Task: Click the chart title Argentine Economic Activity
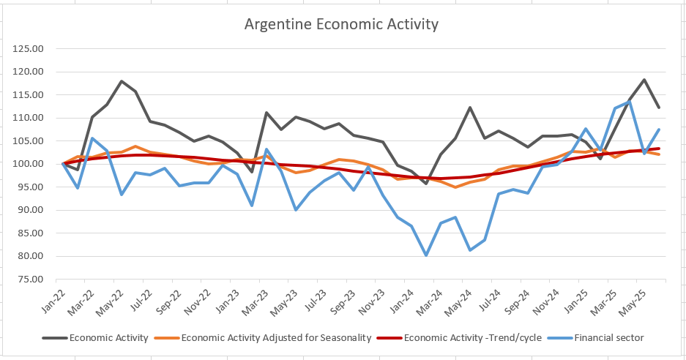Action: [x=341, y=24]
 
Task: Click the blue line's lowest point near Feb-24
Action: [x=425, y=255]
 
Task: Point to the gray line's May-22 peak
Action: [x=122, y=81]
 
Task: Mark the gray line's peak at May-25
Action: [x=644, y=80]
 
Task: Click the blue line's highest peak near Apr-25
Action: [x=630, y=102]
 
